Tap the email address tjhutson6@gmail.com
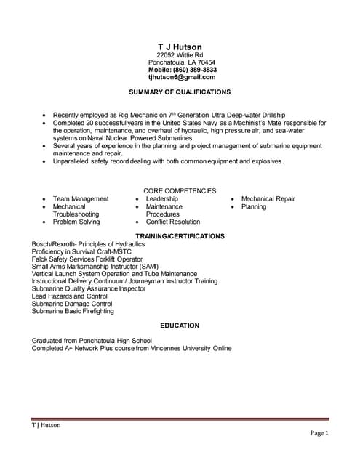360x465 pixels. coord(182,77)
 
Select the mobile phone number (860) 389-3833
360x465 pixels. coord(182,70)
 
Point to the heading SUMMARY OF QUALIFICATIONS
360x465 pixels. coord(180,92)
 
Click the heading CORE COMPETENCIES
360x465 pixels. coord(180,190)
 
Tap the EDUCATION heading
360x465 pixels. coord(180,325)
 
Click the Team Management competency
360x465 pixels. coord(81,199)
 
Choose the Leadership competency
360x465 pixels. coord(161,199)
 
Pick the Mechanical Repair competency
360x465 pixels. coord(268,199)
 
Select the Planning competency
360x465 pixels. coord(254,207)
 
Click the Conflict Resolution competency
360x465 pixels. coord(172,222)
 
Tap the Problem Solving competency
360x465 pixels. coord(76,222)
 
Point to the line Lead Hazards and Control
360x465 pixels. coord(70,296)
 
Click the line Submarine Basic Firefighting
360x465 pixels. coord(73,311)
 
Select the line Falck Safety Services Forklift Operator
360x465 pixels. coord(87,259)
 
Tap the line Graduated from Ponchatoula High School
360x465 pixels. coord(92,340)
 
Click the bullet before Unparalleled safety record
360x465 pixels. coord(45,161)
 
